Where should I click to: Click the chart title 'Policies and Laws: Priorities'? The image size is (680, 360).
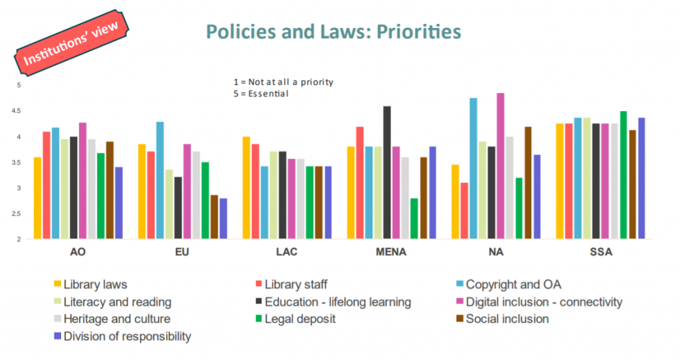click(x=333, y=31)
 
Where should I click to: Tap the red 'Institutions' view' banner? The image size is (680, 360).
click(x=71, y=44)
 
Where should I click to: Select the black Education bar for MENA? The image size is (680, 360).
click(x=387, y=172)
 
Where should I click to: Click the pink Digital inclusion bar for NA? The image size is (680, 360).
click(x=501, y=165)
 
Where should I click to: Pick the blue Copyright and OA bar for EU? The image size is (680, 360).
click(x=160, y=180)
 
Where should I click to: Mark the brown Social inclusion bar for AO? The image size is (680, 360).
click(x=110, y=190)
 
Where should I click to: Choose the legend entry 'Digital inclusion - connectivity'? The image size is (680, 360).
click(x=543, y=302)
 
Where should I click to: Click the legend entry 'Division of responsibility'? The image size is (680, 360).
click(x=127, y=336)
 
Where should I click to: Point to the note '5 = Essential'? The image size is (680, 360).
click(x=261, y=94)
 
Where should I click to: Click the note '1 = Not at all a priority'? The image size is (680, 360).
click(x=283, y=82)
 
